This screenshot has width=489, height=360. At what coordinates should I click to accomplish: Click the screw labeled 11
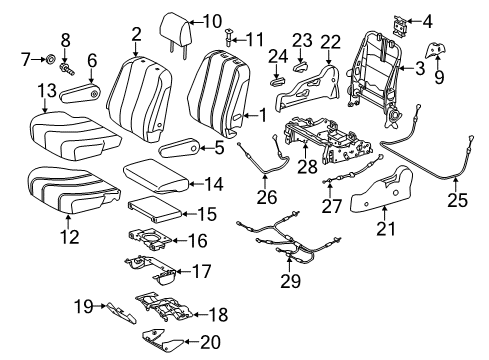coord(229,39)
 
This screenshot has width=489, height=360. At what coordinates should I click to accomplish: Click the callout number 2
coord(135,36)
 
